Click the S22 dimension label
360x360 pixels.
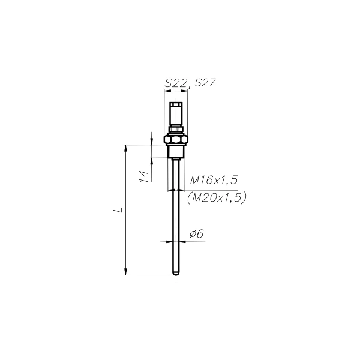pyautogui.click(x=176, y=83)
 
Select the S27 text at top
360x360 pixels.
pyautogui.click(x=205, y=83)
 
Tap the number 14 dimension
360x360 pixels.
pyautogui.click(x=144, y=176)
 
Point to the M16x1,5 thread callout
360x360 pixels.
pyautogui.click(x=214, y=180)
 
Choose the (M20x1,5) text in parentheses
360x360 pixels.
pyautogui.click(x=217, y=197)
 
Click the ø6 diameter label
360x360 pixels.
pyautogui.click(x=197, y=234)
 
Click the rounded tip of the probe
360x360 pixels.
pyautogui.click(x=176, y=273)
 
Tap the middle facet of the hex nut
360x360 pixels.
pyautogui.click(x=176, y=139)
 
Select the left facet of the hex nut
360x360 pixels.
pyautogui.click(x=167, y=139)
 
